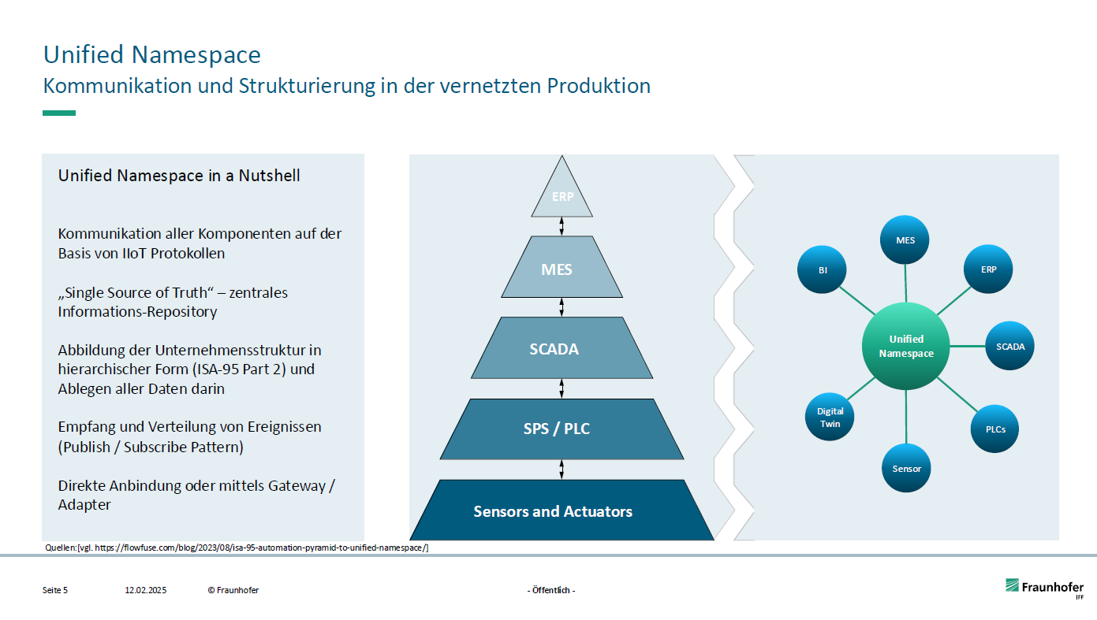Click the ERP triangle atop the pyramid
coord(562,197)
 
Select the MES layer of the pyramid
coord(562,269)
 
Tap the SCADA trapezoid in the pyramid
coord(562,348)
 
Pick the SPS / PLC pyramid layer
coord(562,429)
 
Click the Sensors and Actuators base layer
coord(562,511)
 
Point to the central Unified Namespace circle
coord(906,347)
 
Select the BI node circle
coord(823,269)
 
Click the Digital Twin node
coord(830,418)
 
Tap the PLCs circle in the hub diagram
coord(994,429)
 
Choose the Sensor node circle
coord(906,468)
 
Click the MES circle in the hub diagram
coord(905,239)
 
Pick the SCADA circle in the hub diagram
coord(1010,346)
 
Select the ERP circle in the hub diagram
coord(988,269)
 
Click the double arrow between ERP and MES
coord(562,226)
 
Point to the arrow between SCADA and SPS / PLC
coord(562,388)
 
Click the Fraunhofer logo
coord(1043,588)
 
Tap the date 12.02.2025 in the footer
coord(145,590)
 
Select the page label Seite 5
coord(55,590)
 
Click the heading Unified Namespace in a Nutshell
coord(179,176)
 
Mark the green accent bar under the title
coord(59,113)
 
